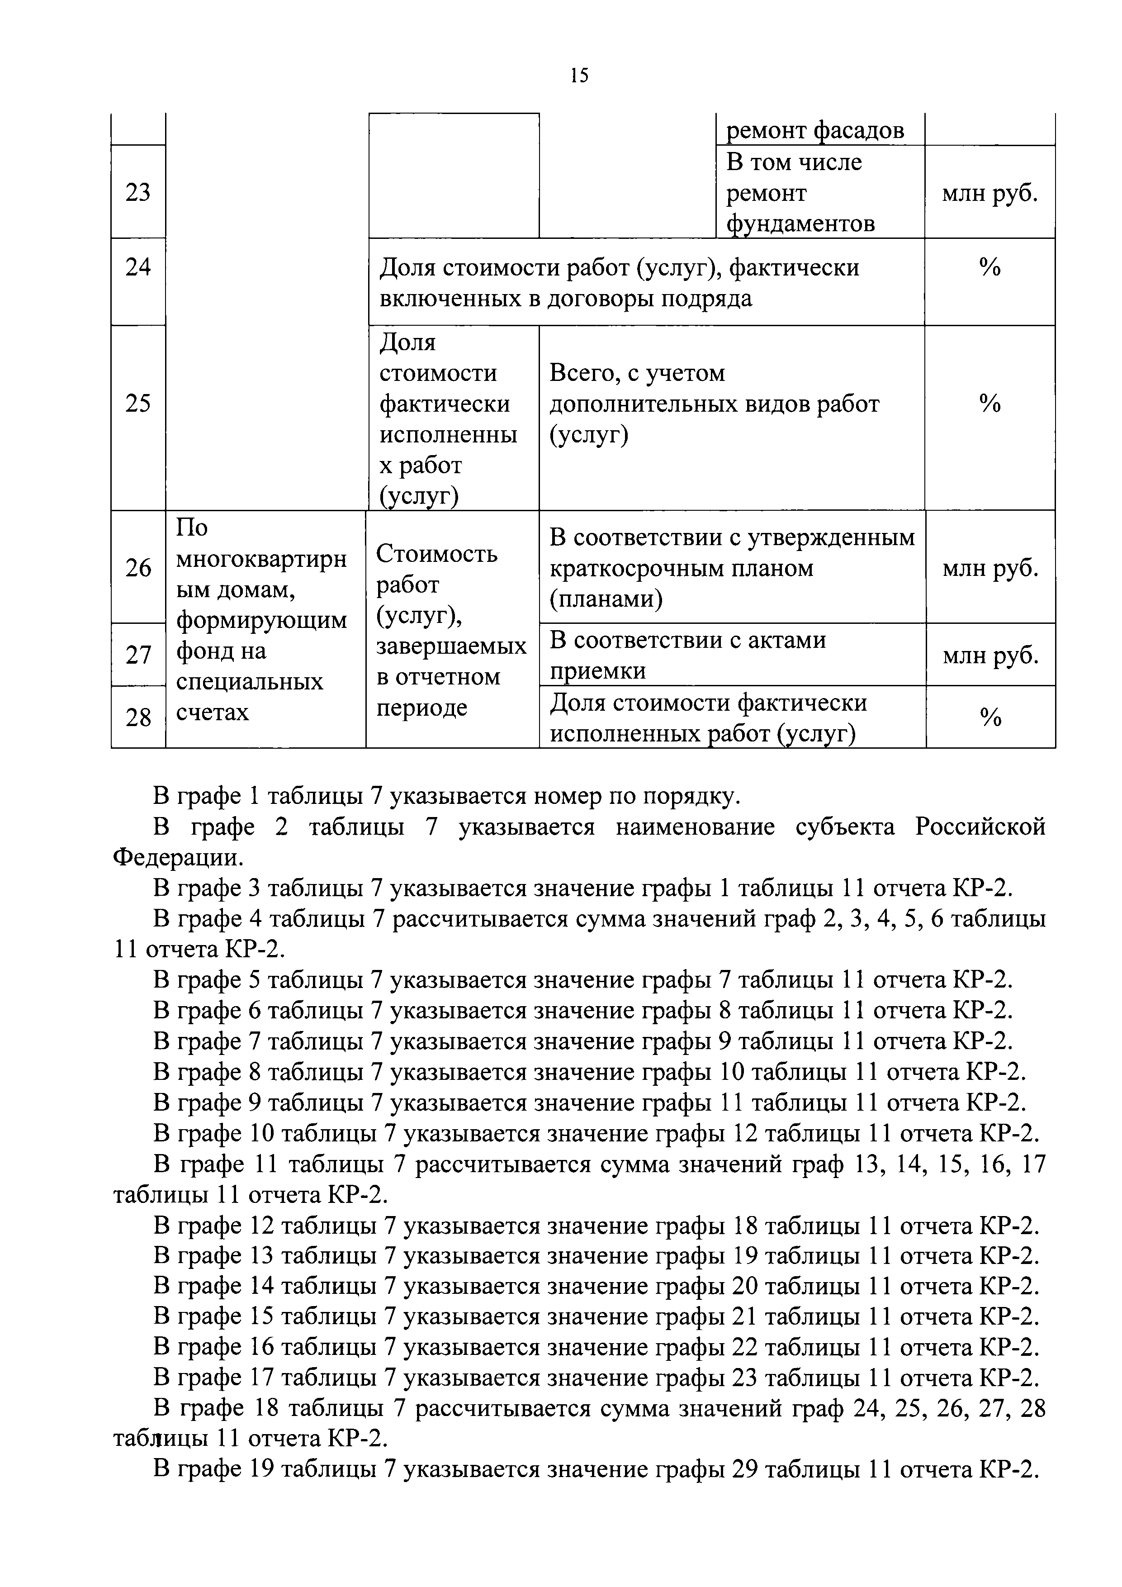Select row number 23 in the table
tap(138, 192)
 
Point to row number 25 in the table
tap(138, 403)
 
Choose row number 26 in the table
tap(138, 568)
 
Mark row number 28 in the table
tap(138, 717)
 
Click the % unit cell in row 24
tap(989, 267)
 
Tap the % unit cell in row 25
tap(989, 404)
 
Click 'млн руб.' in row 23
tap(990, 194)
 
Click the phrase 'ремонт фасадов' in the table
tap(814, 130)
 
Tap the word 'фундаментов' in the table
tap(800, 224)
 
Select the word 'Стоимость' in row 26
tap(437, 554)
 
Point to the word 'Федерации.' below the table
tap(178, 858)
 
